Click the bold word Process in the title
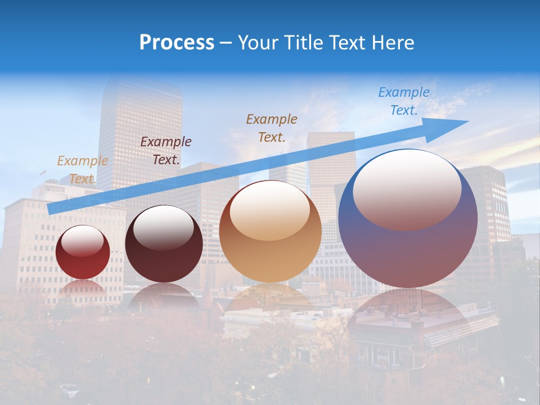(177, 43)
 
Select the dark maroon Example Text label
(166, 151)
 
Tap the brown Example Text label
(272, 128)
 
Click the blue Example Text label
(404, 101)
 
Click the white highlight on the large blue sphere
(407, 188)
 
